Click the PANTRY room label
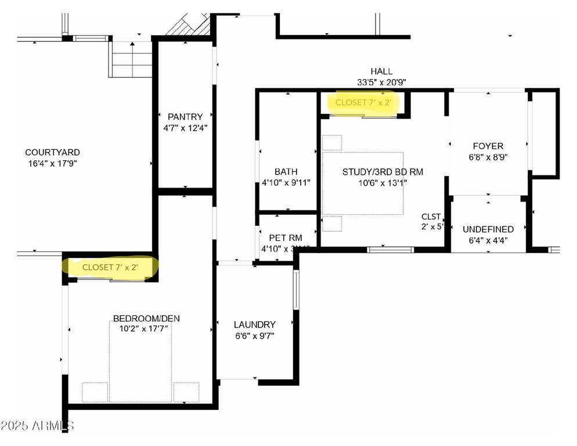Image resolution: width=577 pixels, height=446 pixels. click(185, 117)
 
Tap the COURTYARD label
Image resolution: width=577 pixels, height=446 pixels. click(52, 152)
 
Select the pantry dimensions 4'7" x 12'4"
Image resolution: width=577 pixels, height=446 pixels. click(185, 128)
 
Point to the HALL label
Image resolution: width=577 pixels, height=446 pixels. click(381, 71)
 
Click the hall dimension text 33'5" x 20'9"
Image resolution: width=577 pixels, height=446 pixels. click(381, 82)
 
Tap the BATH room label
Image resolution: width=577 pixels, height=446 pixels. click(286, 171)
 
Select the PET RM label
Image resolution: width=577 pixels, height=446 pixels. click(286, 238)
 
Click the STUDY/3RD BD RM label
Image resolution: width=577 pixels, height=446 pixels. click(383, 171)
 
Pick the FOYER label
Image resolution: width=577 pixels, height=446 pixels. click(488, 146)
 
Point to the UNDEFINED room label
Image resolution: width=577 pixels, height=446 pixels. click(488, 229)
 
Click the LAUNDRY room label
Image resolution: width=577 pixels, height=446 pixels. click(254, 325)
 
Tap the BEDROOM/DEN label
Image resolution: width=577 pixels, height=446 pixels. click(146, 318)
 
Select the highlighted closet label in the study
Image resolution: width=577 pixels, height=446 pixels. click(363, 102)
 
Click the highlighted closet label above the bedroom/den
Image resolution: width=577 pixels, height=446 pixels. click(110, 267)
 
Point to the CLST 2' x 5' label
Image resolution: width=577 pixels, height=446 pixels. click(432, 221)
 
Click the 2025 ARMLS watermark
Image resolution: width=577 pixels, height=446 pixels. click(38, 426)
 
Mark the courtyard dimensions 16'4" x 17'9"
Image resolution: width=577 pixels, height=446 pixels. click(52, 163)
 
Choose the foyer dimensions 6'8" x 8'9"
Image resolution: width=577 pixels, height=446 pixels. click(488, 157)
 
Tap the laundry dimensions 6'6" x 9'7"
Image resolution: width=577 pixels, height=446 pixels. click(254, 336)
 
